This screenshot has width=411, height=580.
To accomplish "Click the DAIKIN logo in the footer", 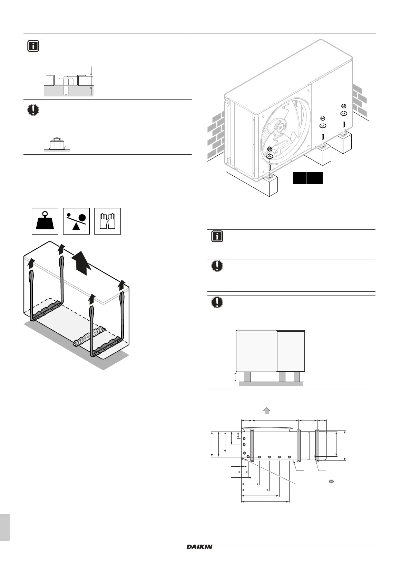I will coord(199,547).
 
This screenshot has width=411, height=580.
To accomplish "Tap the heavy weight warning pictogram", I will coord(45,221).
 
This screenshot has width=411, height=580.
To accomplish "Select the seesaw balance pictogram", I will coord(76,221).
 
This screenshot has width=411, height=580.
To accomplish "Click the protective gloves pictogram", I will coord(107,221).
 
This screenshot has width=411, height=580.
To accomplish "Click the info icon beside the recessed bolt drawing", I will coord(33,46).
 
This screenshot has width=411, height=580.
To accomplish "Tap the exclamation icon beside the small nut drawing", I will coord(33,110).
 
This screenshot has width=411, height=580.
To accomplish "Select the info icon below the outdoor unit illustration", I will coord(217,237).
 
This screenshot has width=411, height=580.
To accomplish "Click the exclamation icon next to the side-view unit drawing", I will coord(217,302).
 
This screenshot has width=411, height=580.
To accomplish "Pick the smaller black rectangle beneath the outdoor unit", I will coord(300,178).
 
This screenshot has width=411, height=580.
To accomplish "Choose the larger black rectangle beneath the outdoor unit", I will coord(314,178).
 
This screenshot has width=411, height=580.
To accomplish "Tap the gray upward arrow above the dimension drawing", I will coord(266,411).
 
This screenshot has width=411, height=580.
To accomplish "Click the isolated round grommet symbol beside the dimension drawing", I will coord(331,481).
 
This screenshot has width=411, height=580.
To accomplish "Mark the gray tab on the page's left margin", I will coord(4,527).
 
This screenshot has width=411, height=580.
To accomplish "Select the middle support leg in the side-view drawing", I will coord(282,377).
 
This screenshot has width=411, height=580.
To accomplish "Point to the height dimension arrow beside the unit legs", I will coord(235,377).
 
